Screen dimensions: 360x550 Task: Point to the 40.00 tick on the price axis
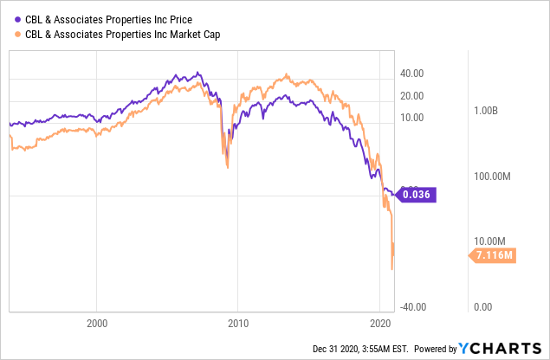[416, 74]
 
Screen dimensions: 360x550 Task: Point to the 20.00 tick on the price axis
[416, 95]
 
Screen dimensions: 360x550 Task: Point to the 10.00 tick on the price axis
[416, 117]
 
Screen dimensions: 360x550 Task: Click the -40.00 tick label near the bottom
[413, 306]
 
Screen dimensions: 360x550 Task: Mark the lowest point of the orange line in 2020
[392, 269]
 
